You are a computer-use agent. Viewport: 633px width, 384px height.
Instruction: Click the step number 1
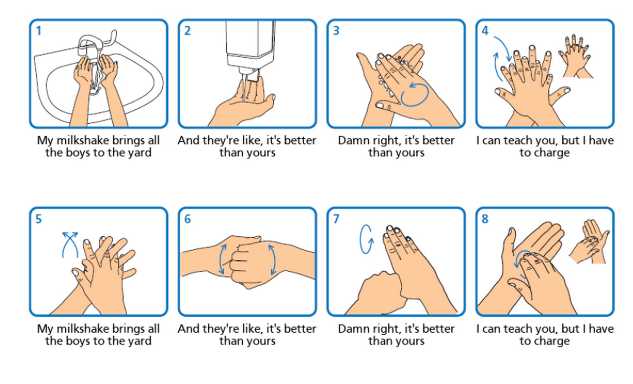(39, 31)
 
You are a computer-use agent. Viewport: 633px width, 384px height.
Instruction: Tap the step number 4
(485, 31)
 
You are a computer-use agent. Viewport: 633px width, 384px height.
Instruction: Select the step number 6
(187, 219)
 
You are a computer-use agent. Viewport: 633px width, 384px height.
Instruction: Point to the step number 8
(485, 219)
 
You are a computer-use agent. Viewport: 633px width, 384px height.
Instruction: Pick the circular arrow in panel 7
(367, 239)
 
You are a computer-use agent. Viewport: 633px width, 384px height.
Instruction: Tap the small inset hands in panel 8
(590, 242)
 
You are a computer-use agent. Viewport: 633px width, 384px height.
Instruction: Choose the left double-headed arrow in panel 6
(223, 259)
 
